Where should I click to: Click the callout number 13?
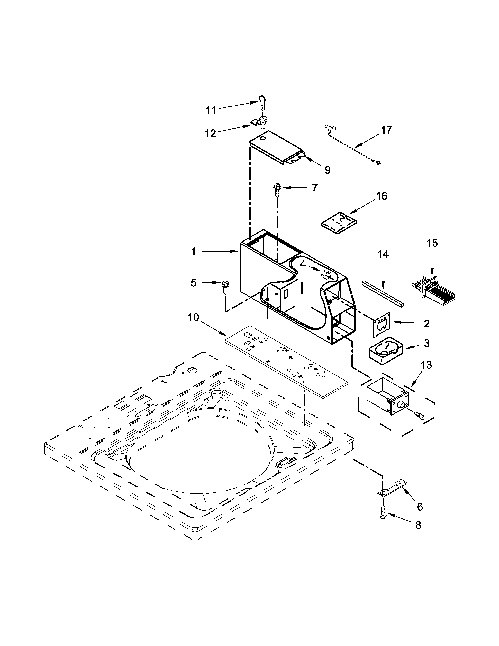pyautogui.click(x=426, y=365)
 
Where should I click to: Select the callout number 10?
pyautogui.click(x=193, y=318)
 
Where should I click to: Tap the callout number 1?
pyautogui.click(x=193, y=252)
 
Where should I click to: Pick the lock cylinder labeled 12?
pyautogui.click(x=262, y=122)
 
